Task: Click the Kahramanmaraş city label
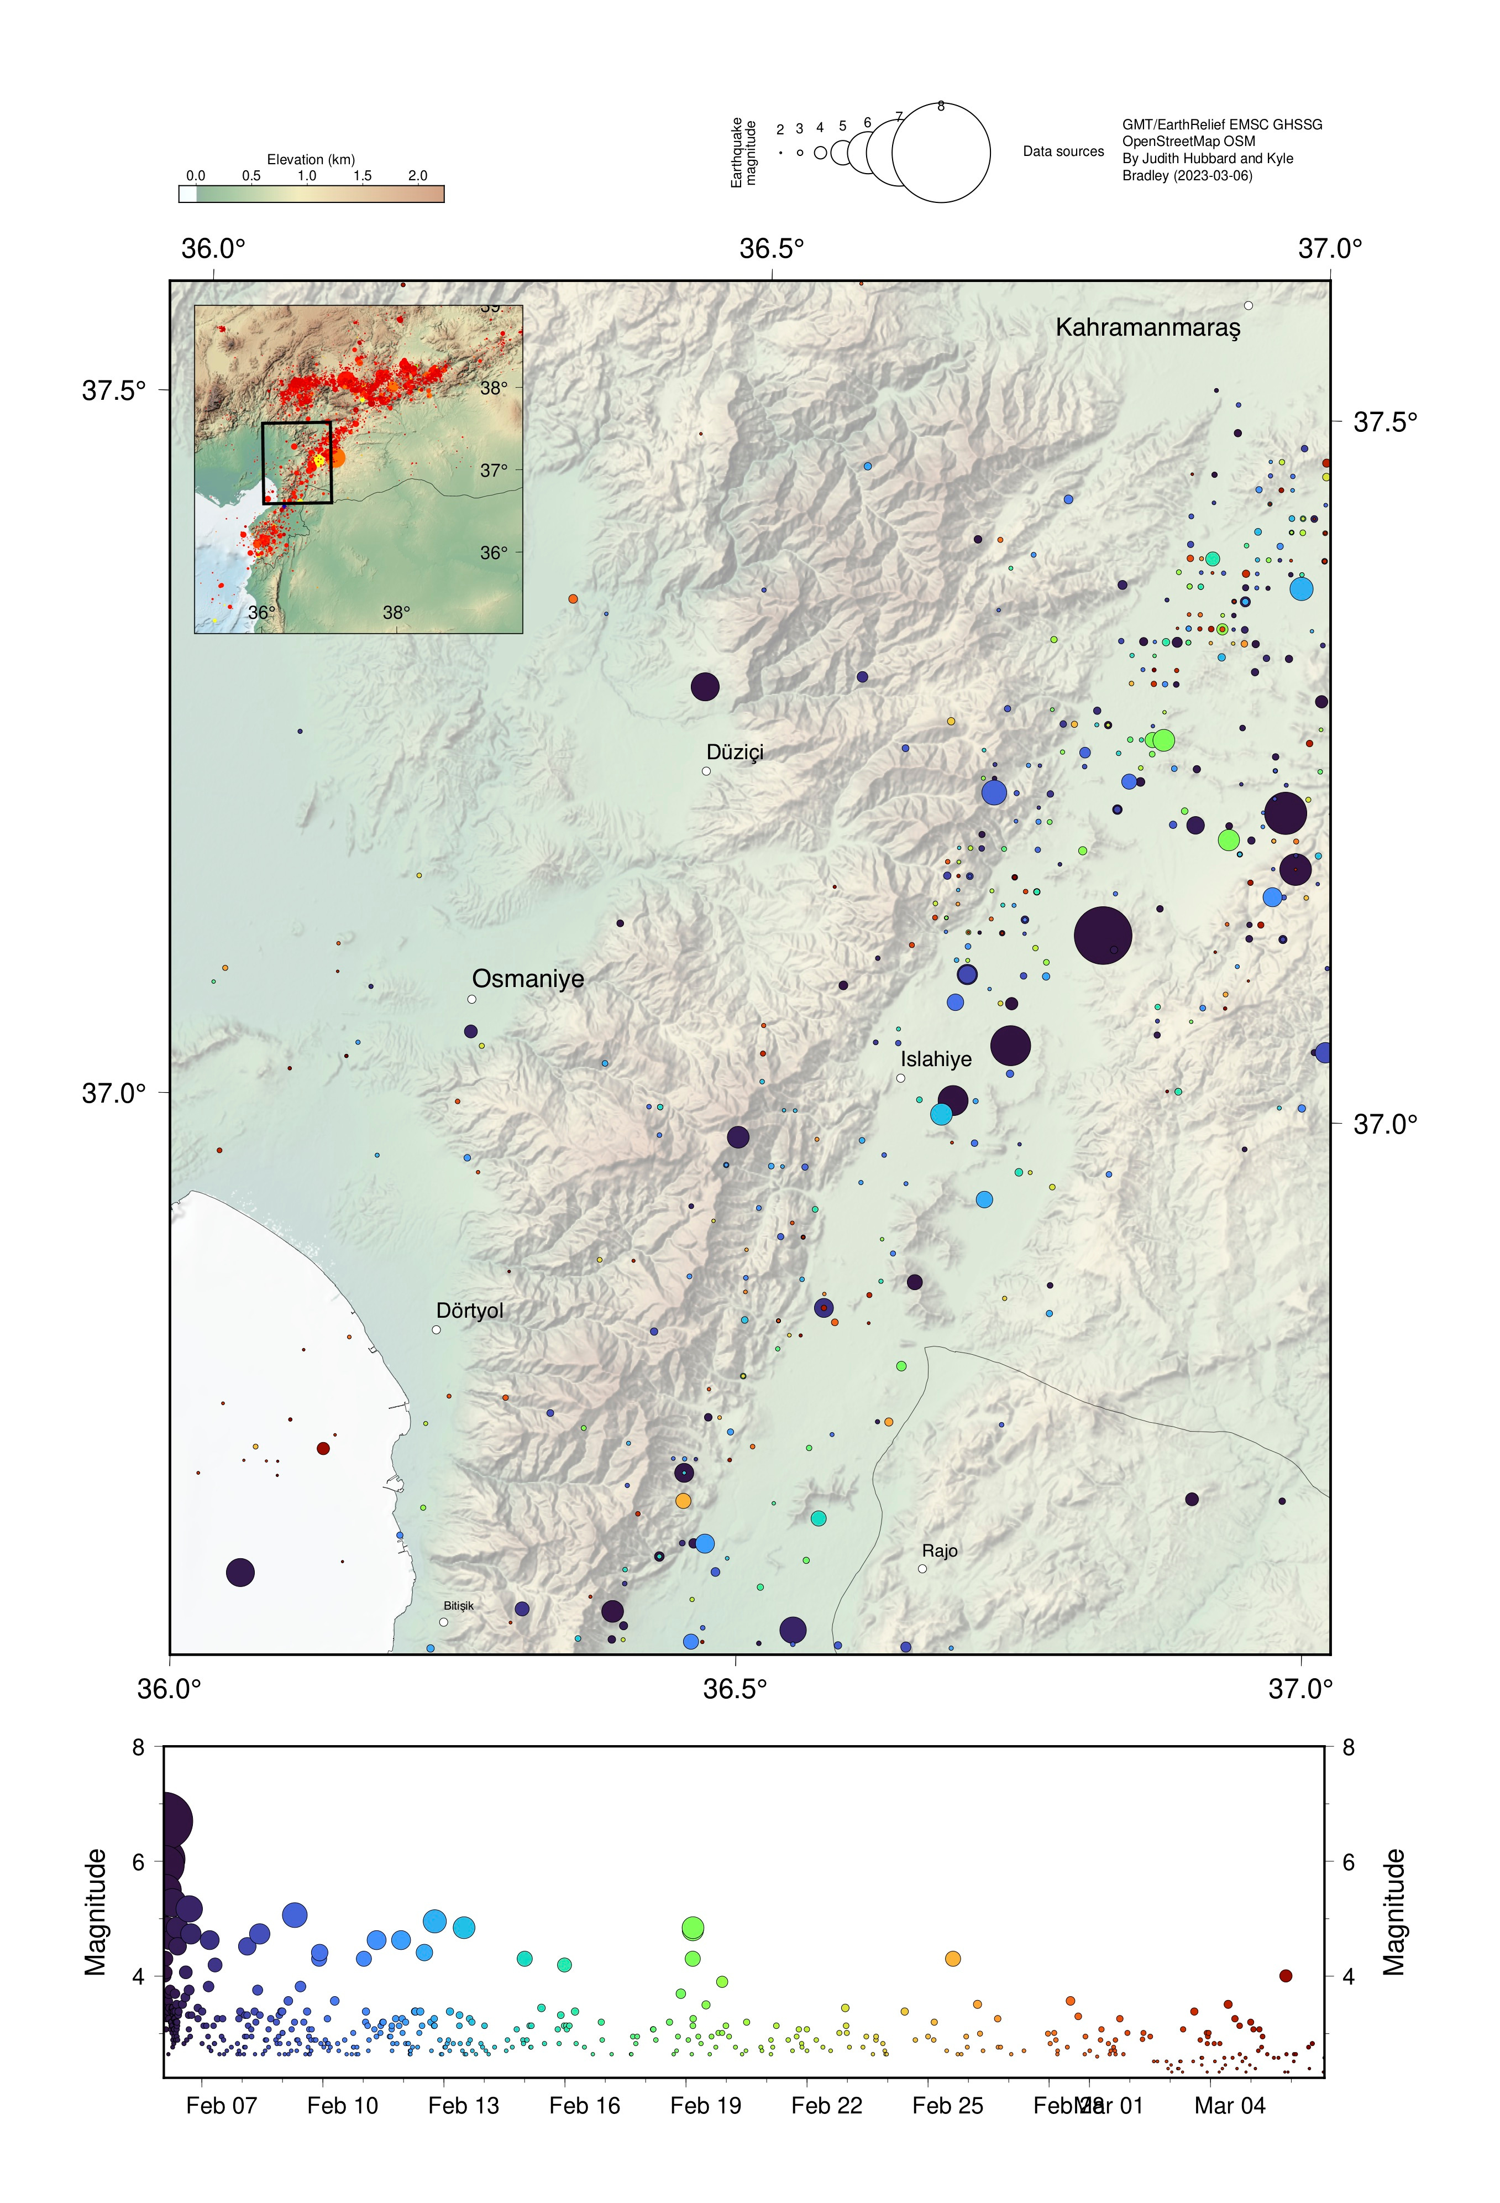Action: pos(1147,328)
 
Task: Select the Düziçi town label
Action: pos(735,751)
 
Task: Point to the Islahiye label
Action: pos(935,1059)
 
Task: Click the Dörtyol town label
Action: pos(469,1310)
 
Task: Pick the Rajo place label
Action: pos(939,1551)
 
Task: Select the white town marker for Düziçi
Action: pos(706,771)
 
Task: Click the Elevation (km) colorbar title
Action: pos(311,159)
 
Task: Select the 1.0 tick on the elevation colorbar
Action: pos(307,175)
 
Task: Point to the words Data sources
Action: pos(1063,152)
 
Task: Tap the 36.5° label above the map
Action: pos(772,248)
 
